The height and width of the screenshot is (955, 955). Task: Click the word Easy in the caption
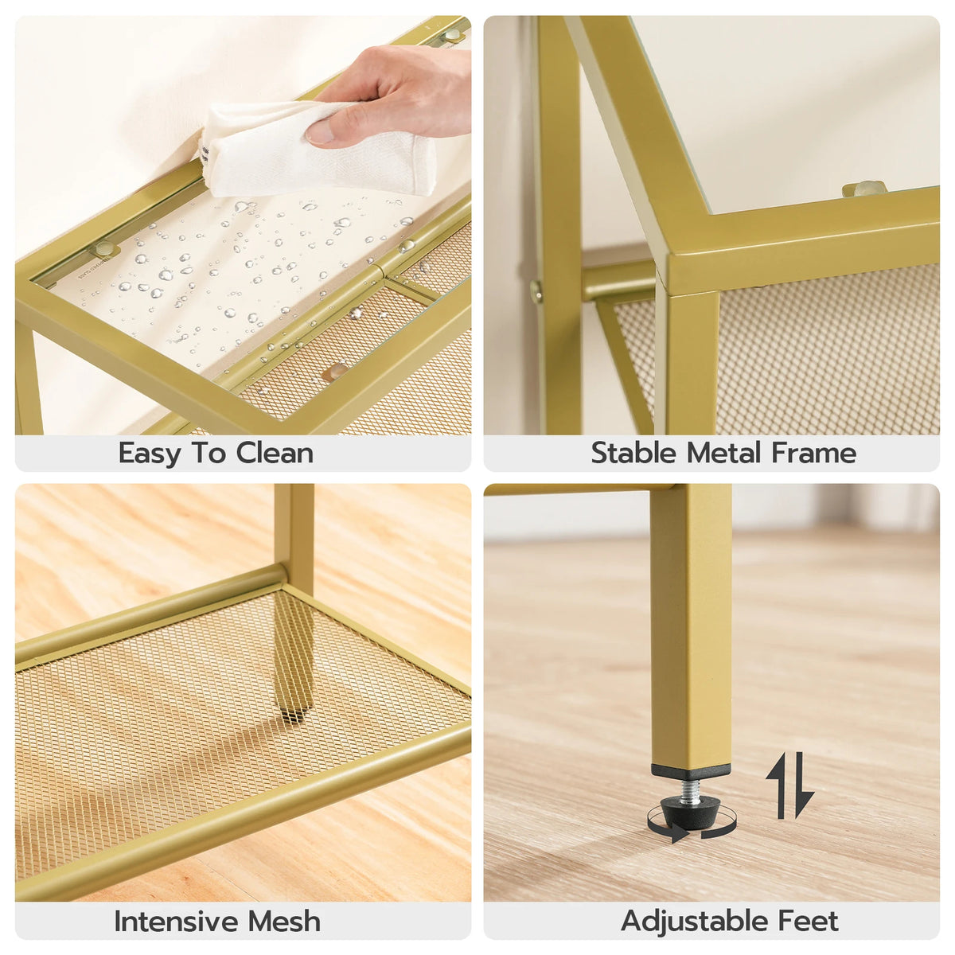pyautogui.click(x=150, y=454)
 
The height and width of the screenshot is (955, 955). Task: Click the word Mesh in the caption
pyautogui.click(x=284, y=922)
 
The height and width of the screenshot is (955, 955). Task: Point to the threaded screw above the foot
pyautogui.click(x=690, y=788)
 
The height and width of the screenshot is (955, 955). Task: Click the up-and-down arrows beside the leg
pyautogui.click(x=790, y=785)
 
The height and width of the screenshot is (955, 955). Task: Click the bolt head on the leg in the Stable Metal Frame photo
pyautogui.click(x=536, y=291)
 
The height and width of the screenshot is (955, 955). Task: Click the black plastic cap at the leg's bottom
pyautogui.click(x=690, y=771)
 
